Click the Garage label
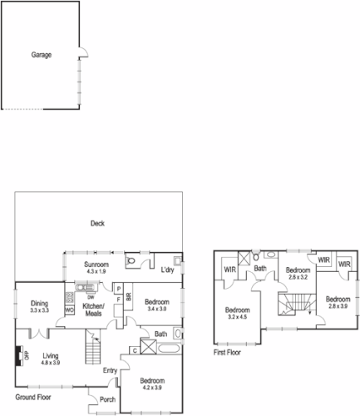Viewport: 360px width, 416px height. click(x=42, y=55)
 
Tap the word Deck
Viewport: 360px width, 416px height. click(x=97, y=223)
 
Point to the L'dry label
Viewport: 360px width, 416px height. click(x=167, y=270)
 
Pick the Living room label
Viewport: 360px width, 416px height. click(x=50, y=355)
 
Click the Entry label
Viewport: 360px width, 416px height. click(x=110, y=371)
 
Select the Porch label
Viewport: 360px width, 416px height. click(x=107, y=399)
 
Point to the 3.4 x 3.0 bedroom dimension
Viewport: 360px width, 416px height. click(x=156, y=309)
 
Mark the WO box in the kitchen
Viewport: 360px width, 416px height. click(x=69, y=311)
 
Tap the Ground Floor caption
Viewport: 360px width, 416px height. click(x=35, y=386)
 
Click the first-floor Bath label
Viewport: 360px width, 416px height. click(x=260, y=268)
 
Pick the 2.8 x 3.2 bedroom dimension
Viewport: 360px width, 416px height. click(x=298, y=276)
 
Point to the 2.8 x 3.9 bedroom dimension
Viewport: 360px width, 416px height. click(x=338, y=306)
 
